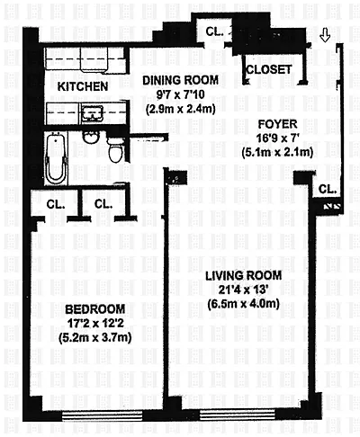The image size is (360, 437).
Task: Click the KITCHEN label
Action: (x=83, y=86)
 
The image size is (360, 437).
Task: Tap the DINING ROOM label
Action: (x=180, y=80)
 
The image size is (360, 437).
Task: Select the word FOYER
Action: (x=277, y=124)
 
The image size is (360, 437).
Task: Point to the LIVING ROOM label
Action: (x=244, y=275)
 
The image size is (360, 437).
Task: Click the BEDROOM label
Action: (x=95, y=309)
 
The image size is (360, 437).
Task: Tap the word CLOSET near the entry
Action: (x=269, y=69)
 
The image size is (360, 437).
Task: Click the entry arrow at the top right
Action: (x=325, y=35)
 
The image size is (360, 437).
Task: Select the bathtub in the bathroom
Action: (x=55, y=158)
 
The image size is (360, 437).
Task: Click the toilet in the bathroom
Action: (x=116, y=150)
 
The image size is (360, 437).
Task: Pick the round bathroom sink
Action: (x=90, y=138)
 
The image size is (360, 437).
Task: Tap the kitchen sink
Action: (x=92, y=113)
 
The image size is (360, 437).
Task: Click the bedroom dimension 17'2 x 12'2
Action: (x=95, y=324)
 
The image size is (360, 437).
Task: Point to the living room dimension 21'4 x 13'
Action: (x=243, y=290)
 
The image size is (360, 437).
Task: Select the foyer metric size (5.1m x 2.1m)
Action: (x=277, y=152)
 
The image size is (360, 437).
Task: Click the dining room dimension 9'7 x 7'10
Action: (x=181, y=94)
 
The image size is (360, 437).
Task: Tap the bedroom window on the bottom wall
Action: (x=102, y=415)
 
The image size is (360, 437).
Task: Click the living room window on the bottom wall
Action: (x=238, y=415)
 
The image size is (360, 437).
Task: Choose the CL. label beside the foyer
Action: (x=328, y=189)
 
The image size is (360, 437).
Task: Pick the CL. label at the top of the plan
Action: (x=215, y=31)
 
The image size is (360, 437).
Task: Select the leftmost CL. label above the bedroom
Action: (x=56, y=204)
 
